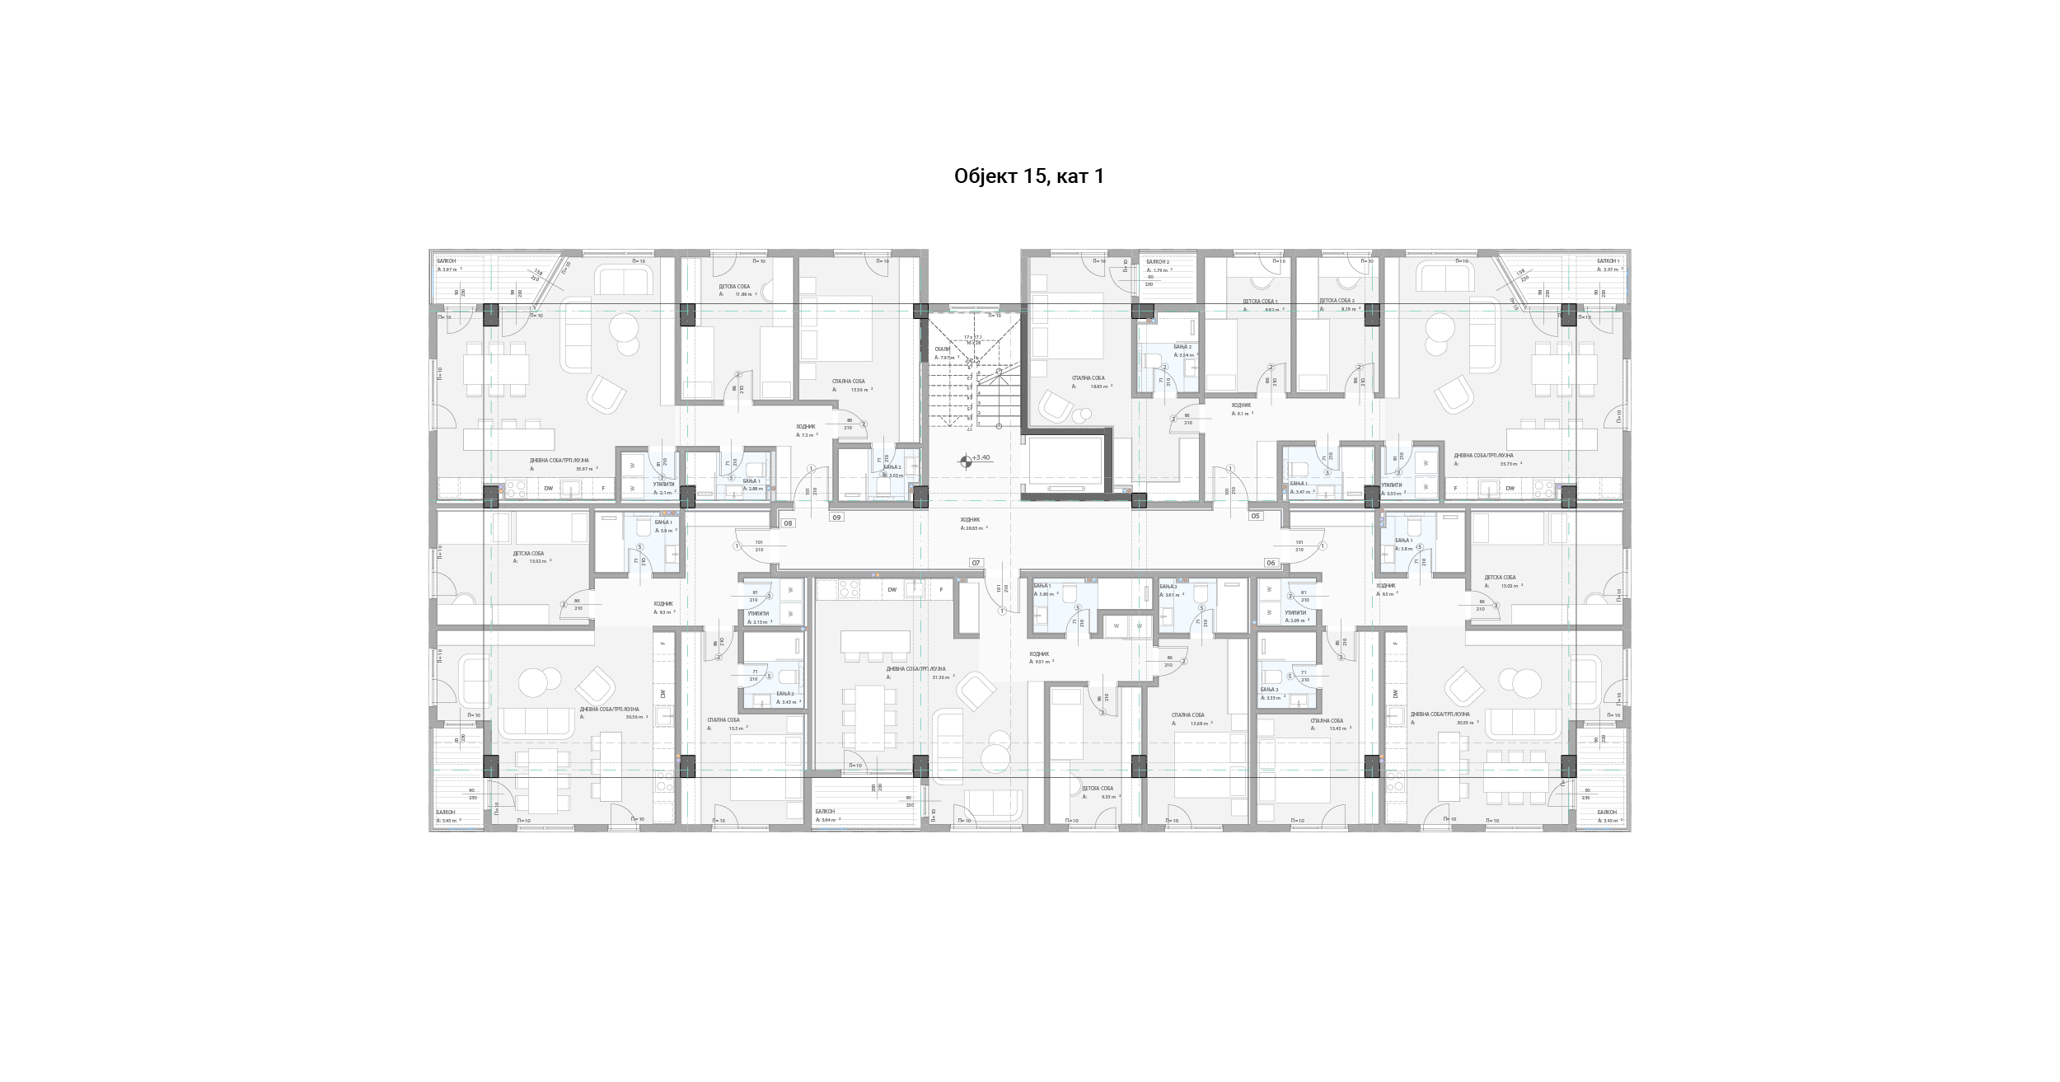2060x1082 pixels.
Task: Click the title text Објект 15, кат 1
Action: coord(1028,176)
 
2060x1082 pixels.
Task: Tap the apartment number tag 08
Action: coord(789,523)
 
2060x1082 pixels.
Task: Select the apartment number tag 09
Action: coord(837,518)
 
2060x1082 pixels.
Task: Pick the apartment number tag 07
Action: coord(976,563)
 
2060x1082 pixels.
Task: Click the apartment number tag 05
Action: coord(1256,516)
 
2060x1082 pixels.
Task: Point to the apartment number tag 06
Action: coord(1271,563)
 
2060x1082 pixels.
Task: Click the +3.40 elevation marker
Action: coord(980,457)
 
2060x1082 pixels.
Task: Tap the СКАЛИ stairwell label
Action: coord(943,349)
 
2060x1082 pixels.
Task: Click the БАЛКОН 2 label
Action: coord(1158,262)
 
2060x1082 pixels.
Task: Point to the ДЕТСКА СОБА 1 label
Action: coord(1260,302)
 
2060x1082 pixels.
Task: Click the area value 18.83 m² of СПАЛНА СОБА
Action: coord(1099,386)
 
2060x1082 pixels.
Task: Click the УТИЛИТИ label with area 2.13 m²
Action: coord(758,613)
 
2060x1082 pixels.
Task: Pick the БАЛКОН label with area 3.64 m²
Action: coord(825,812)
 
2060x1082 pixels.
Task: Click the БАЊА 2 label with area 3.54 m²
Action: coord(1182,347)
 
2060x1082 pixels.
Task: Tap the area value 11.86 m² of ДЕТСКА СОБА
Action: coord(744,294)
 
